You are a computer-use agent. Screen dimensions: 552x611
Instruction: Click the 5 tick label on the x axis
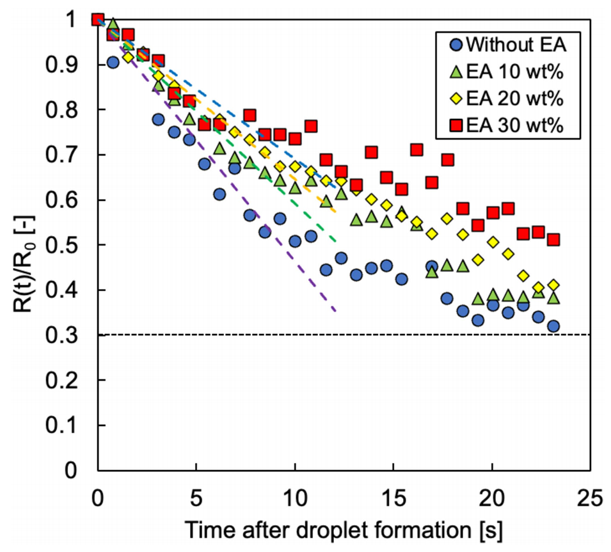(196, 496)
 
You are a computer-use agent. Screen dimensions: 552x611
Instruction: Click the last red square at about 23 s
(553, 240)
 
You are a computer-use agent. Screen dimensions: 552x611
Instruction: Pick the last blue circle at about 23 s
(553, 326)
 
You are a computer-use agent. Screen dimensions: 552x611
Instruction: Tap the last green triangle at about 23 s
(553, 298)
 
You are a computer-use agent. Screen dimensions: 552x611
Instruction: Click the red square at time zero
(97, 20)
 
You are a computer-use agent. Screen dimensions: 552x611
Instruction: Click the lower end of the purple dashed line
(335, 311)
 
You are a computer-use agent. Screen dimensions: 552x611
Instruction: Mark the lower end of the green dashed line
(335, 241)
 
